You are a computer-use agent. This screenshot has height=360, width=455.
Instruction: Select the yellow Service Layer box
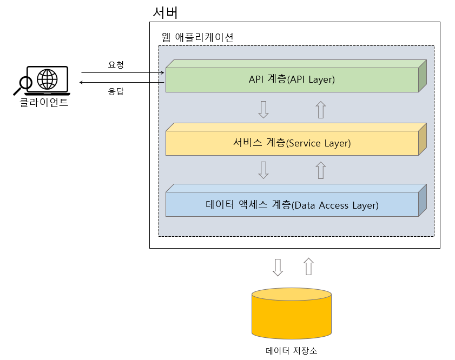[292, 143]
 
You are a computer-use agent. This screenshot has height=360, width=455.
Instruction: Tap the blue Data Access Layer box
[292, 205]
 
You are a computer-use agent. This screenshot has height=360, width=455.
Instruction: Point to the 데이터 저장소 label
[291, 350]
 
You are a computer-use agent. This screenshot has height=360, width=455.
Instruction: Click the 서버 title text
[165, 12]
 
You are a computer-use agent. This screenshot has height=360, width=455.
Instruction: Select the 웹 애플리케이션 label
[197, 38]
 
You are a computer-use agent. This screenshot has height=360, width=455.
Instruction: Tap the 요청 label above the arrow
[116, 65]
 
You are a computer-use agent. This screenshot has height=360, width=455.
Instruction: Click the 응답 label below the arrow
[116, 91]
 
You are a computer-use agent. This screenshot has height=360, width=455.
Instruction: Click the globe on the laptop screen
[47, 79]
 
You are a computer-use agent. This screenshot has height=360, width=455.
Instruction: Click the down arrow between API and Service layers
[263, 109]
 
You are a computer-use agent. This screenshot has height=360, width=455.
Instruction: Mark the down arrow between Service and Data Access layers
[263, 170]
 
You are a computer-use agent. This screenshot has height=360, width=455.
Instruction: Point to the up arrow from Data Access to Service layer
[321, 170]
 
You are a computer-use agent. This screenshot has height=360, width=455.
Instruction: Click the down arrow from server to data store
[278, 266]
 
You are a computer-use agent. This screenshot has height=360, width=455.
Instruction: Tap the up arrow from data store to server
[308, 266]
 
